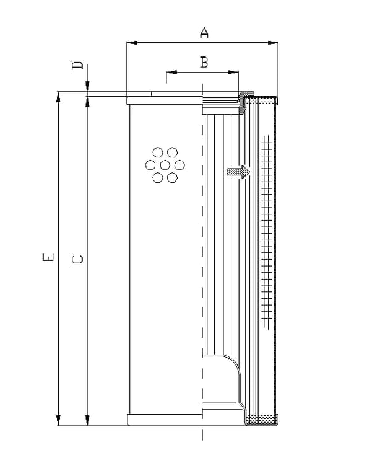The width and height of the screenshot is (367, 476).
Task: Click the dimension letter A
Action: click(204, 32)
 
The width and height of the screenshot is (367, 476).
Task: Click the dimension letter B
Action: click(204, 62)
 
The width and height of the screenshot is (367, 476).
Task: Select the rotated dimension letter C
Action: click(77, 259)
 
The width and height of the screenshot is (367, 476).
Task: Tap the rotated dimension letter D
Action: click(77, 66)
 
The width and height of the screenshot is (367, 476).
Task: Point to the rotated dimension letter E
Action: click(48, 257)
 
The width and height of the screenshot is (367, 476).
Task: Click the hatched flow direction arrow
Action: click(238, 172)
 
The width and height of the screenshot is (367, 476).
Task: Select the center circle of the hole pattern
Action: click(165, 165)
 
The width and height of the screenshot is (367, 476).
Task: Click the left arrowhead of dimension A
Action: click(132, 43)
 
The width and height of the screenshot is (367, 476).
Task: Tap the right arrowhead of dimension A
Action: click(273, 43)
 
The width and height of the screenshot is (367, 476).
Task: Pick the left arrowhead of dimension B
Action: click(171, 73)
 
